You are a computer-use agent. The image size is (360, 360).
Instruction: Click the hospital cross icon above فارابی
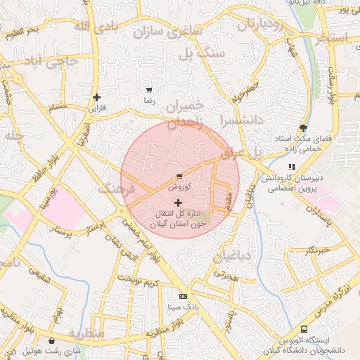pyautogui.click(x=96, y=97)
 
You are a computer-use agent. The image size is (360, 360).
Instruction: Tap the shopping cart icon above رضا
pyautogui.click(x=148, y=90)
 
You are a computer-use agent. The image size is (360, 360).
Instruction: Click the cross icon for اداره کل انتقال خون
pyautogui.click(x=178, y=202)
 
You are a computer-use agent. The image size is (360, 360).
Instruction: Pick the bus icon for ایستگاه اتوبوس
pyautogui.click(x=304, y=328)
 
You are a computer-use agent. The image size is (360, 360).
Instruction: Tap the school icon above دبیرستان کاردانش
pyautogui.click(x=291, y=167)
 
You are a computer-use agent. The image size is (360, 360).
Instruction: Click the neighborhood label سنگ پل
pyautogui.click(x=202, y=53)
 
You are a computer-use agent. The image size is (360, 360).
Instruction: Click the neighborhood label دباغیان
pyautogui.click(x=232, y=256)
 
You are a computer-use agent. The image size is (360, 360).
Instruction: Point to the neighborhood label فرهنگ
pyautogui.click(x=117, y=188)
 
